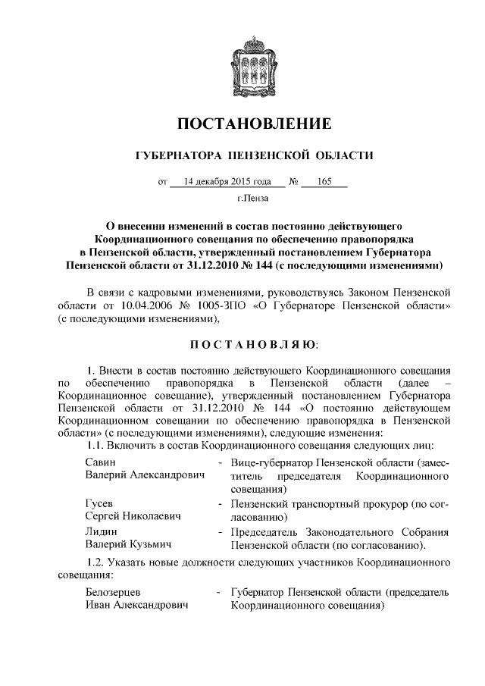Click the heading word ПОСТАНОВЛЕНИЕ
click(243, 124)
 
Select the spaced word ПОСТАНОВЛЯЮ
click(243, 345)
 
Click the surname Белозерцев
click(114, 592)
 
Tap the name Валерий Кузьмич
click(127, 545)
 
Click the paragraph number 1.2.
click(98, 563)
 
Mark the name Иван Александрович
click(136, 606)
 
